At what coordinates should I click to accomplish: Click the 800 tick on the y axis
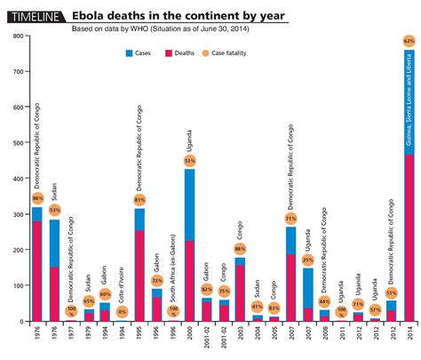(x=16, y=36)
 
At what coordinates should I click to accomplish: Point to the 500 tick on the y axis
(x=16, y=142)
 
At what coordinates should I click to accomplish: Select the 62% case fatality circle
(x=409, y=41)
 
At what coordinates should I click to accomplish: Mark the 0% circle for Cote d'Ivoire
(x=122, y=312)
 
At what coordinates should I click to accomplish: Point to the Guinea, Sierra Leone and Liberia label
(x=409, y=98)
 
